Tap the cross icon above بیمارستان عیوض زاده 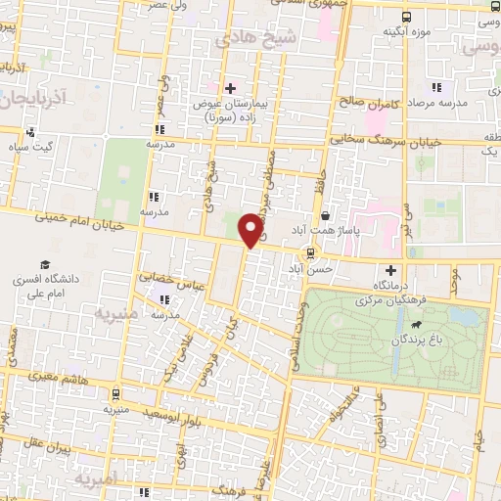[231, 88]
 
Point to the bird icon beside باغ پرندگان [416, 325]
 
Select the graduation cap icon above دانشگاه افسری [45, 265]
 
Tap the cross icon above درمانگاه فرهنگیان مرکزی [391, 270]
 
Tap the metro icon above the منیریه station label [116, 395]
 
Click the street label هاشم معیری [64, 377]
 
